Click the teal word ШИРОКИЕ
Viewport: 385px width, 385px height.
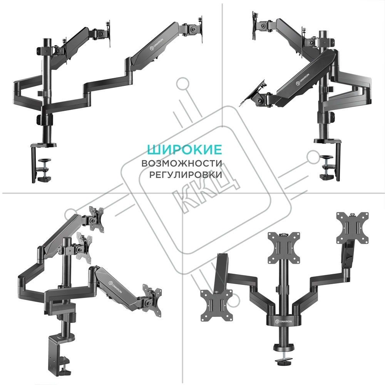click(184, 149)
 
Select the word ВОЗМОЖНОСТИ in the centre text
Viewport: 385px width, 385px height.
click(182, 163)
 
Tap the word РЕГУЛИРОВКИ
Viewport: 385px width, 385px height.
click(186, 175)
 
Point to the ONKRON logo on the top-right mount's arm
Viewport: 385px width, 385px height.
click(303, 78)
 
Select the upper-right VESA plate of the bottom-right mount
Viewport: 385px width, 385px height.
click(353, 228)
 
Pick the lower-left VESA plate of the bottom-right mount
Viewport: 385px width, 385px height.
click(216, 305)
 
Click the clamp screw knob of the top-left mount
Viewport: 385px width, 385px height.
click(45, 161)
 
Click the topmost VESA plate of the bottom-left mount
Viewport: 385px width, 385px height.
click(96, 219)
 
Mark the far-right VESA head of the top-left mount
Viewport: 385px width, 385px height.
click(201, 30)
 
